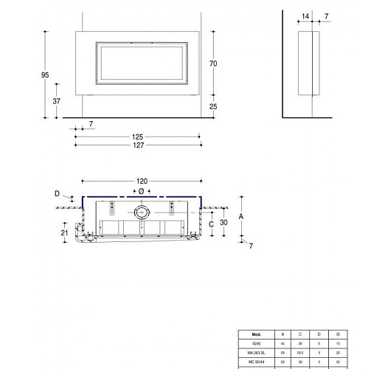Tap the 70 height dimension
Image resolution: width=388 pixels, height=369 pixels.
pos(213,64)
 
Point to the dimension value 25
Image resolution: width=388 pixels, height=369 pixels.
pos(213,107)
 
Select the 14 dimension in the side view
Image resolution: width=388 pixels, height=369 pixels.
pos(305,15)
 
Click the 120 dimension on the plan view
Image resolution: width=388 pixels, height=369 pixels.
pos(142,181)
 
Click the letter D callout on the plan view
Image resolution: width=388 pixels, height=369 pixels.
pos(58,194)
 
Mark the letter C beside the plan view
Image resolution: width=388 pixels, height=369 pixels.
pos(211,223)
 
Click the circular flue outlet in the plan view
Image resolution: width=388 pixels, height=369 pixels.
pos(142,212)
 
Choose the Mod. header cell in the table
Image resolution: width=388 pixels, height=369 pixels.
pos(257,333)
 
